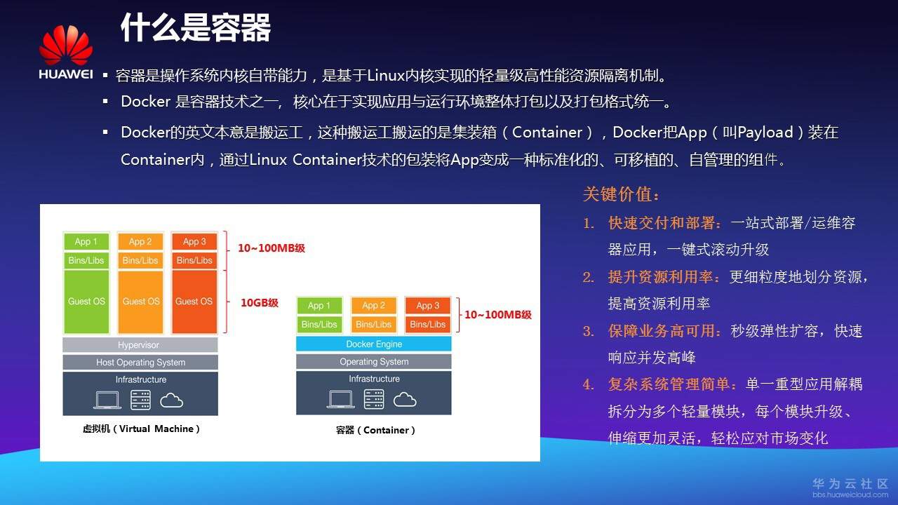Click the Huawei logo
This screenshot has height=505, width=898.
(x=65, y=53)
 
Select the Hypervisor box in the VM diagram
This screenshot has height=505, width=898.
(x=140, y=345)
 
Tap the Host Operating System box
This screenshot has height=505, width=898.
(x=140, y=363)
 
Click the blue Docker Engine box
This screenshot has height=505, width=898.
(x=373, y=344)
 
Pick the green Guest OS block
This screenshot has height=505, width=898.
(x=86, y=302)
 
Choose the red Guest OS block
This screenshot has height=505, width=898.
(x=194, y=302)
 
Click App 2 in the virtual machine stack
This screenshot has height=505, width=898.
(x=140, y=241)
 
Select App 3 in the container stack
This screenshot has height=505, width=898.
(x=427, y=305)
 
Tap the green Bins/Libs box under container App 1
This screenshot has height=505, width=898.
(x=319, y=325)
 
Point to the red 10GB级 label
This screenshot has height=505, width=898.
(x=260, y=303)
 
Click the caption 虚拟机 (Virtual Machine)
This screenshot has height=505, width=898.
(x=141, y=429)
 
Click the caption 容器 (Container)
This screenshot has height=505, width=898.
(x=375, y=430)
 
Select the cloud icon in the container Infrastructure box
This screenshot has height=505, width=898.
(x=405, y=399)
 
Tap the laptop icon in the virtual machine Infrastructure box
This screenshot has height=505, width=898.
(x=107, y=400)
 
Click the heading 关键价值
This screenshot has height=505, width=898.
(x=622, y=194)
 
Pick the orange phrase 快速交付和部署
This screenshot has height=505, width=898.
(x=664, y=223)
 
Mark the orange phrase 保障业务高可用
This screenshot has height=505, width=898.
(x=664, y=331)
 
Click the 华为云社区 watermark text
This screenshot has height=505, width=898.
(x=850, y=484)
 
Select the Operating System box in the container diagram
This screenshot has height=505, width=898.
(x=373, y=362)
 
